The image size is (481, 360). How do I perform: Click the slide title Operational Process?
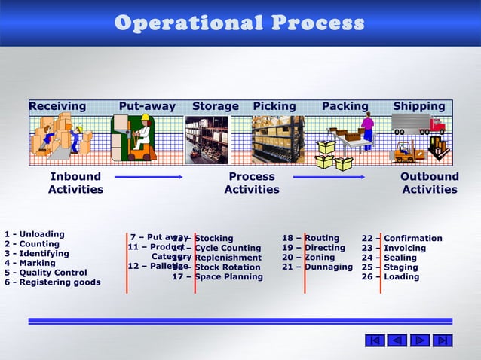[240, 23]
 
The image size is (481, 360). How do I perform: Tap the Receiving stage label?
[57, 106]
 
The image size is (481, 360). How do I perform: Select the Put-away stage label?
[147, 106]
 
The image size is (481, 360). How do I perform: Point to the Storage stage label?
[215, 106]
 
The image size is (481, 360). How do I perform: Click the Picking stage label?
[274, 106]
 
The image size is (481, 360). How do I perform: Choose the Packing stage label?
[345, 106]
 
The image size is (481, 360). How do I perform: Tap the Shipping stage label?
[419, 106]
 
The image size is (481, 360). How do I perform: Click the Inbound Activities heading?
[75, 183]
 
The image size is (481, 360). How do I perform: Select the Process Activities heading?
[252, 183]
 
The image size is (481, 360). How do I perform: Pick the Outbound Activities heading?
[430, 183]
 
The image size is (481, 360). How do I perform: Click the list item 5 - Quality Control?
[46, 273]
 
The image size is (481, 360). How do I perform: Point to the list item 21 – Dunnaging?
[317, 267]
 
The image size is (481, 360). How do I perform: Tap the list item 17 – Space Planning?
[218, 276]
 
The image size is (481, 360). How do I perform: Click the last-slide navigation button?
[444, 340]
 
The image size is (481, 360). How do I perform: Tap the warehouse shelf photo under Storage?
[206, 139]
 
